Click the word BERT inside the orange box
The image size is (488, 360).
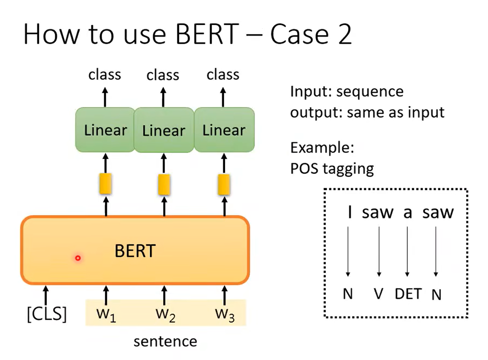coord(135,251)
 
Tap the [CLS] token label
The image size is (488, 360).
coord(47,314)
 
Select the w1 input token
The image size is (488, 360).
coord(106,314)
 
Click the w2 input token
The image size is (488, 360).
coord(164,314)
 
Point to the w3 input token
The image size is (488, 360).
coord(224,314)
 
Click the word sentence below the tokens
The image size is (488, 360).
coord(165,342)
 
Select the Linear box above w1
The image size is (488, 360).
coord(105,130)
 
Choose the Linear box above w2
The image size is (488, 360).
coord(164,130)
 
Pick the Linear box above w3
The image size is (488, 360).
coord(224,130)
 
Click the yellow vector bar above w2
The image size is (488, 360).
coord(164,184)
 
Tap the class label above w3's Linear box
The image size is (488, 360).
coord(223,74)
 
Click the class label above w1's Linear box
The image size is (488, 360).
coord(105,74)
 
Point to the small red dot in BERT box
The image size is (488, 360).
coord(78,258)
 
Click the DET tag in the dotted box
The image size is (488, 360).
coord(408,294)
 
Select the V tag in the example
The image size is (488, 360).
coord(379,294)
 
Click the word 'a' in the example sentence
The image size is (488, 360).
coord(408,212)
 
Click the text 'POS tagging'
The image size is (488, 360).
coord(332,169)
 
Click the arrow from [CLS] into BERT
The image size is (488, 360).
coord(45,295)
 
